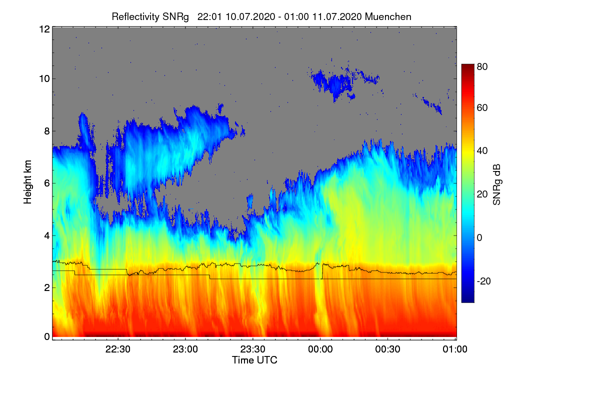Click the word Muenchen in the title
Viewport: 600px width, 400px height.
pos(388,16)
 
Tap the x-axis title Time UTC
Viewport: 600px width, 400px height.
pos(254,360)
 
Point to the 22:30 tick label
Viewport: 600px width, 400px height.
pos(118,349)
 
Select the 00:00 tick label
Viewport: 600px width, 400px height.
pos(320,349)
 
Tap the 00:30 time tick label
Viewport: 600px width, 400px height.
pos(388,349)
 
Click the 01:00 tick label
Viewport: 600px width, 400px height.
pos(455,349)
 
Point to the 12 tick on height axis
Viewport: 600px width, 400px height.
pos(44,29)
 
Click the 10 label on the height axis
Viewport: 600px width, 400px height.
pos(44,78)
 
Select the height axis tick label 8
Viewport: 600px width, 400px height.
pos(46,131)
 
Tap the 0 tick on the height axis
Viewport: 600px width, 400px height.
pos(46,336)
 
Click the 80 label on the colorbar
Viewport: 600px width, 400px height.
pos(482,66)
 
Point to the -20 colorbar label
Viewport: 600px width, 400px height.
pos(484,281)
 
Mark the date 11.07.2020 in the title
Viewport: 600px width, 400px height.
pos(337,16)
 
